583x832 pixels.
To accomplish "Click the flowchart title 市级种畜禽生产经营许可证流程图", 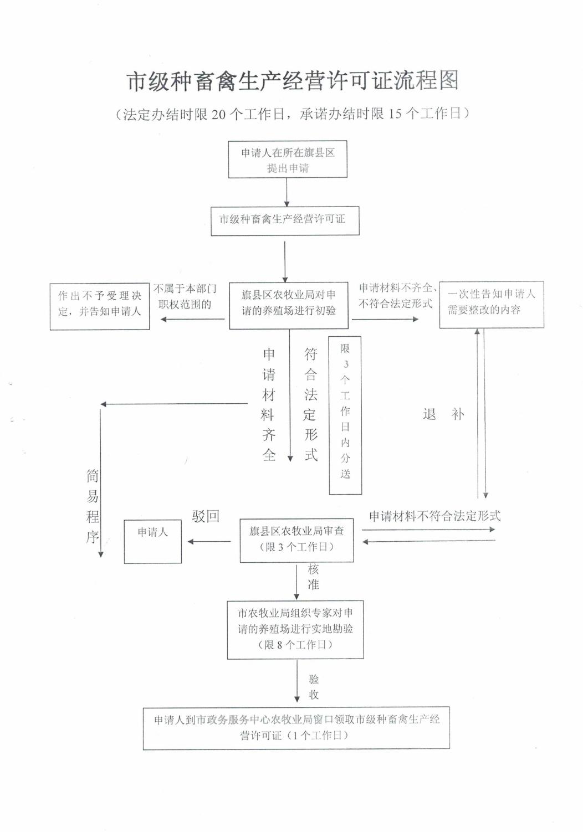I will tap(293, 81).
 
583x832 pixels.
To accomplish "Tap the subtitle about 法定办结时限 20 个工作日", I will tap(293, 114).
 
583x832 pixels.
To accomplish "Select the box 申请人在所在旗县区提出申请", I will tap(288, 160).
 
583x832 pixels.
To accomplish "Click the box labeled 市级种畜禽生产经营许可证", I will tap(285, 220).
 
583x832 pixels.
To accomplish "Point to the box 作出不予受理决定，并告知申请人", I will tap(100, 306).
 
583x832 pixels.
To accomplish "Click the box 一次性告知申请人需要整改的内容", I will tap(491, 304).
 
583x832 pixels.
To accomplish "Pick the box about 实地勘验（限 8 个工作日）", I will tap(295, 629).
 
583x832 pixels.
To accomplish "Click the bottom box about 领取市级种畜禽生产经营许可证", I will tap(296, 727).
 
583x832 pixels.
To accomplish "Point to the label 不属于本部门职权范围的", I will tap(185, 297).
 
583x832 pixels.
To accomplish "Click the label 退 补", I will tap(443, 414).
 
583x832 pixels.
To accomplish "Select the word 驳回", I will tap(206, 516).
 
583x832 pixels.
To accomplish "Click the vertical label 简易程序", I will tap(93, 506).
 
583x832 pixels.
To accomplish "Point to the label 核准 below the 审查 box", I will tap(313, 577).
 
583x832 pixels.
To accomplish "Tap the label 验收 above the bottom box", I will tap(314, 687).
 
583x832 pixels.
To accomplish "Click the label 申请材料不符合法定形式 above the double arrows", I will tap(434, 516).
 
